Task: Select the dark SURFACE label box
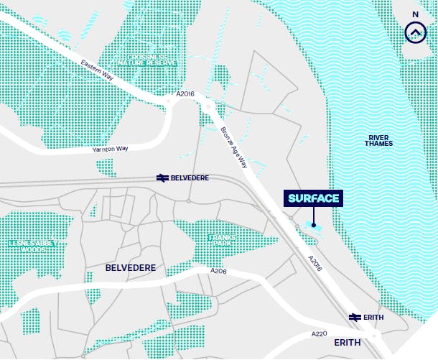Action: click(314, 198)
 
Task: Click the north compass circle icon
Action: click(414, 32)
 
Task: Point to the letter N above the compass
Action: click(414, 14)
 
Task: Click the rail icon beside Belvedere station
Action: click(161, 177)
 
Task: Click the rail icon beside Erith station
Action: click(355, 317)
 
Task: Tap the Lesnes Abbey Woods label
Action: click(31, 246)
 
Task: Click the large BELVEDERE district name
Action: click(131, 268)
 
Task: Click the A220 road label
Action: click(319, 334)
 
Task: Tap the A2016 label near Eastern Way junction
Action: click(185, 94)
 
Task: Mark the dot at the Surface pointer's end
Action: click(314, 226)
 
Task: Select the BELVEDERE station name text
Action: click(190, 177)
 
